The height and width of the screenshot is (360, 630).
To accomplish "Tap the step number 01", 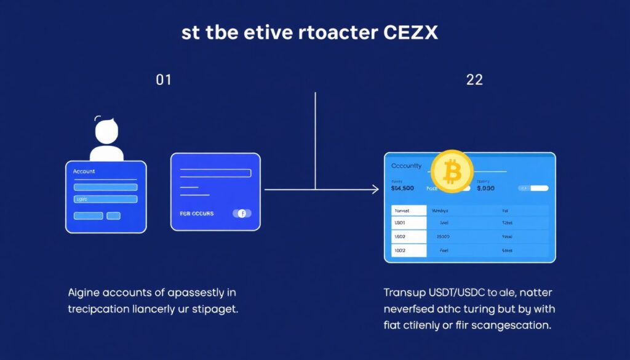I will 163,80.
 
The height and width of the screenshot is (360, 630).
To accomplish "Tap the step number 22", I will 474,80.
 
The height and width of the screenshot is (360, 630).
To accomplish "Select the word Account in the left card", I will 84,171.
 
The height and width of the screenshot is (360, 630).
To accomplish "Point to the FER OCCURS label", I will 197,214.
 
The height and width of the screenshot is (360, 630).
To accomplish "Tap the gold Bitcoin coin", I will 452,172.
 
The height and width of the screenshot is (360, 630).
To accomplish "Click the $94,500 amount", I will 402,188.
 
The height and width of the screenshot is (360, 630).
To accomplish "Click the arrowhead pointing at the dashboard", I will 375,190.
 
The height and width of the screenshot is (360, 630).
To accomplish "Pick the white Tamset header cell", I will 409,210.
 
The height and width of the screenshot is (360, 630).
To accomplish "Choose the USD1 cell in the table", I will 409,223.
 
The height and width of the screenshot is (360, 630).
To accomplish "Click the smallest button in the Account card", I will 113,216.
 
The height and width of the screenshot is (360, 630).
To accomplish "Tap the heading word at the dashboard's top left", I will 407,166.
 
